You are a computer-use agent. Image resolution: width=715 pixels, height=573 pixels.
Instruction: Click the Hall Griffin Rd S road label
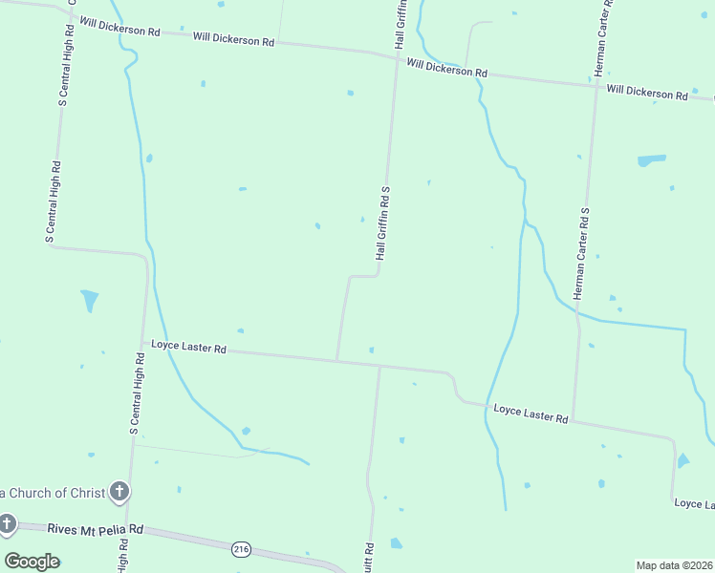[384, 223]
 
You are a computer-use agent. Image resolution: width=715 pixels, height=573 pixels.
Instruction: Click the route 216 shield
[241, 548]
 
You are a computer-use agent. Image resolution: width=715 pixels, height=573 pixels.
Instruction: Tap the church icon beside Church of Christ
[119, 493]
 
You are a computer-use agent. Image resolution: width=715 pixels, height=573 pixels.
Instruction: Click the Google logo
[32, 561]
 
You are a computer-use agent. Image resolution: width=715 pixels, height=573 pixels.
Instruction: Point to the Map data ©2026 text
[674, 565]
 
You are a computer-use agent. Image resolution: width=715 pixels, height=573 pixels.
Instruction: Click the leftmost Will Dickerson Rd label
[119, 26]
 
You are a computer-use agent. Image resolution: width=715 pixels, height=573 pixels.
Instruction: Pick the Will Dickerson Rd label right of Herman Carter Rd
[647, 93]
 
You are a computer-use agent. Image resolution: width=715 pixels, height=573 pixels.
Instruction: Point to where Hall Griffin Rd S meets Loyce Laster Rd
[336, 360]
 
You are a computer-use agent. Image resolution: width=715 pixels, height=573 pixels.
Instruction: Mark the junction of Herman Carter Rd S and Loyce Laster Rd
[573, 420]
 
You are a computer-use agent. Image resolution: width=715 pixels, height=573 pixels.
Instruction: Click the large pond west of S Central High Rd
[90, 300]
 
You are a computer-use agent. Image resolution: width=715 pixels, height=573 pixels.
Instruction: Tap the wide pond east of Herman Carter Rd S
[651, 160]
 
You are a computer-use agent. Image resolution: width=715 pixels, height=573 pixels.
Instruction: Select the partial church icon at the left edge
[7, 523]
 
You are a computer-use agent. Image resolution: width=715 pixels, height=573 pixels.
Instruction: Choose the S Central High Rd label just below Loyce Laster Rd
[135, 393]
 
